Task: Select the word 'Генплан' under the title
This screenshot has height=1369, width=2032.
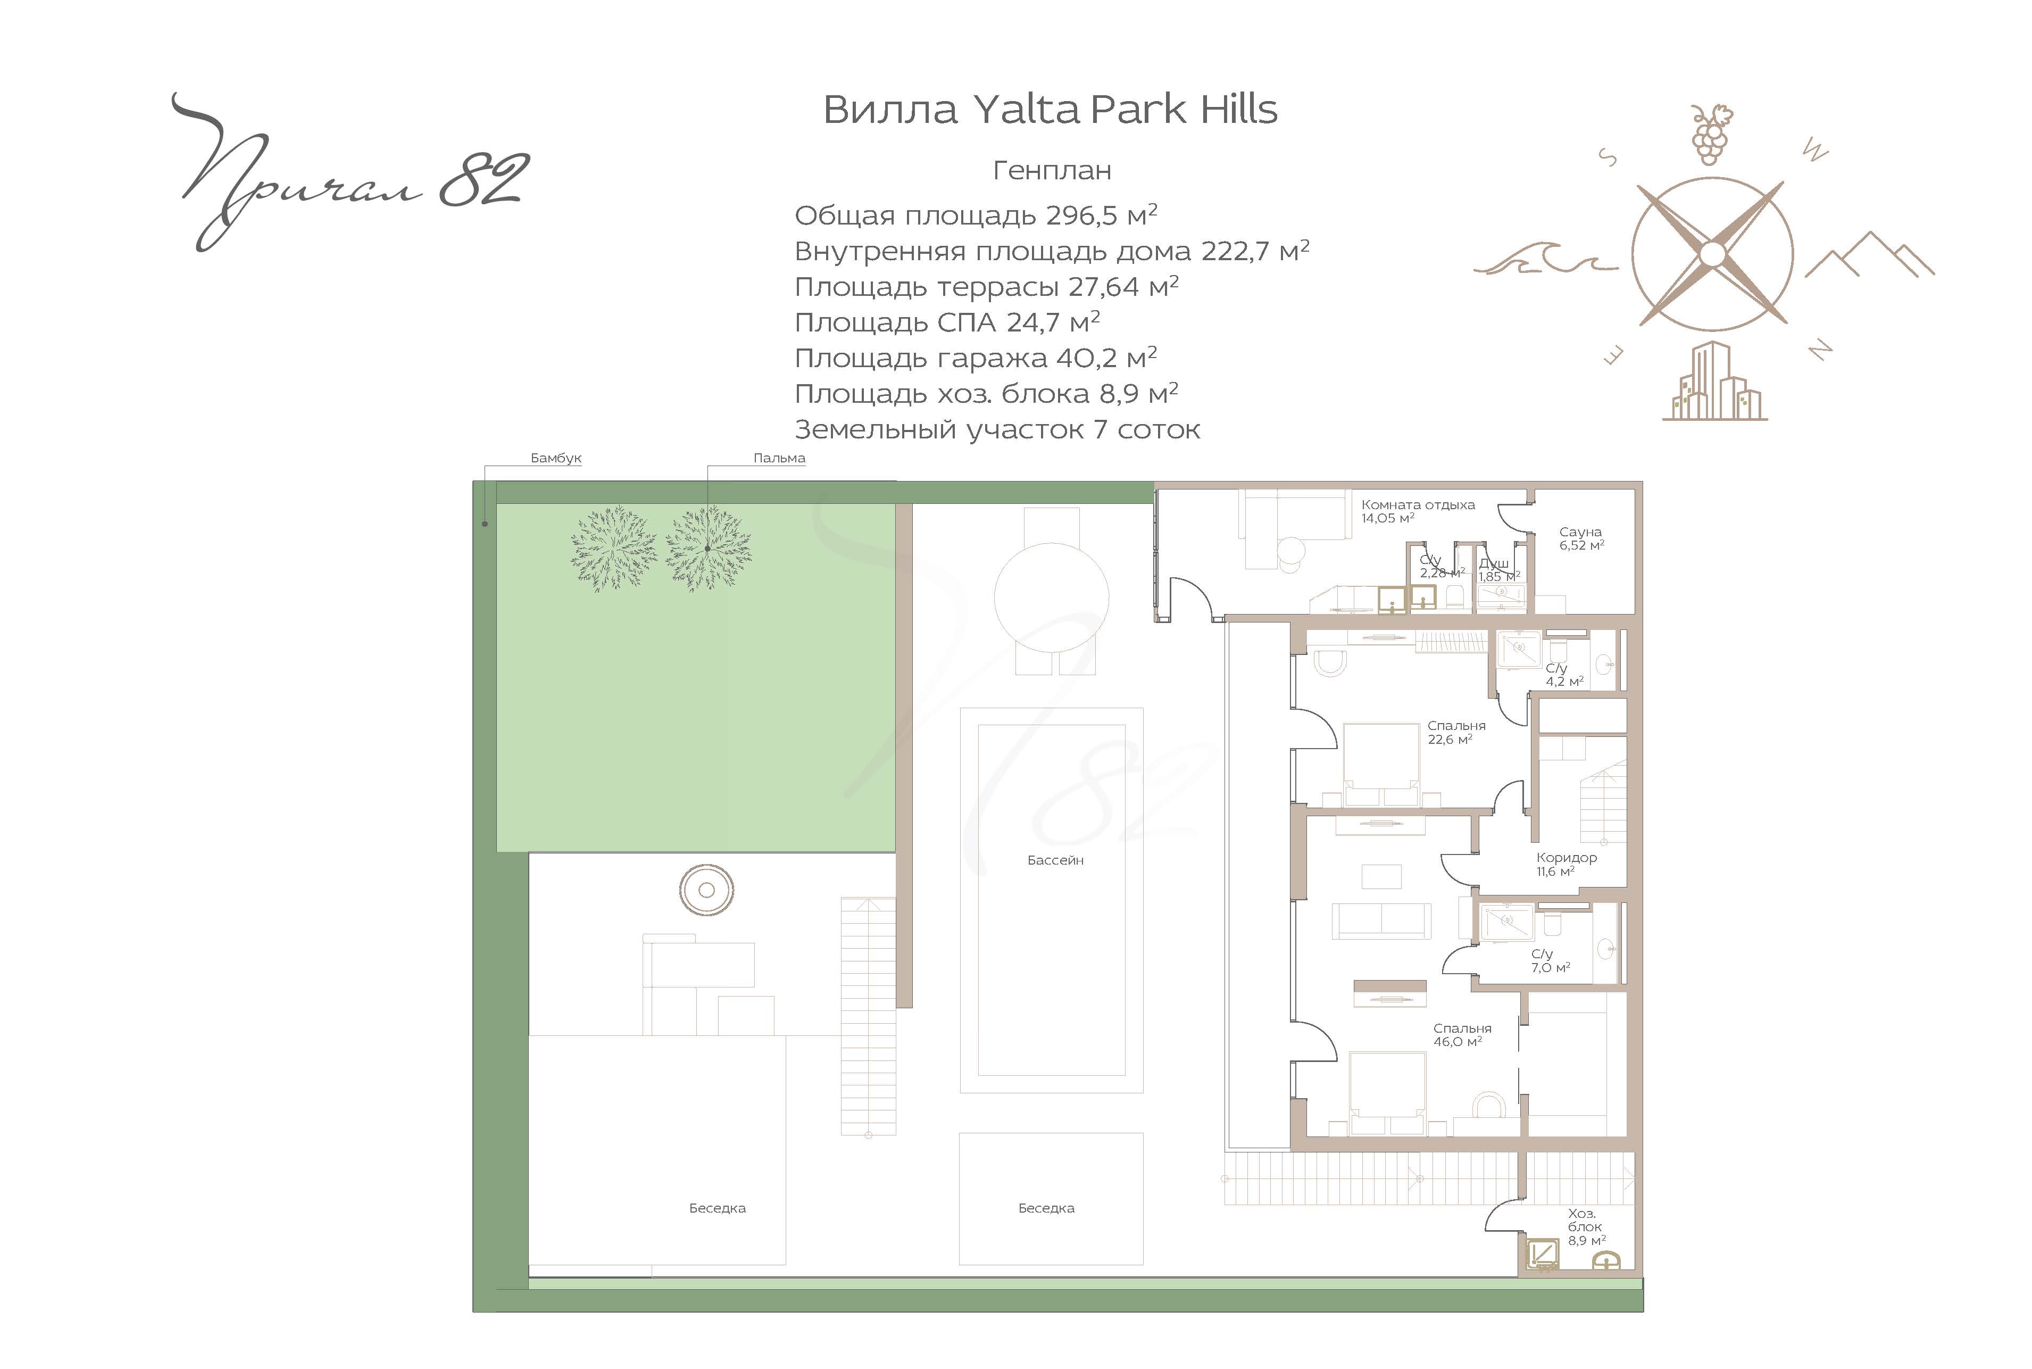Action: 1052,170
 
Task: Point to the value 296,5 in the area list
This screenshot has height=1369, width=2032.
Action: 1082,215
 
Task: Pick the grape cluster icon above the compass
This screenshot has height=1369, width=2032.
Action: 1711,135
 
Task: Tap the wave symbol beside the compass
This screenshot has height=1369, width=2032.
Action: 1545,258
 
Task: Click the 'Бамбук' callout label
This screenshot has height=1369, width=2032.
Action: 556,458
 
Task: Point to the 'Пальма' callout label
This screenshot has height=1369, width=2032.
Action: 779,458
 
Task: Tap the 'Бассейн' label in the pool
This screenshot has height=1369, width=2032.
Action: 1055,860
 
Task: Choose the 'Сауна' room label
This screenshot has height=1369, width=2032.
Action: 1581,532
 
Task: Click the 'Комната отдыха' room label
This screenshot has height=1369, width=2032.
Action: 1418,504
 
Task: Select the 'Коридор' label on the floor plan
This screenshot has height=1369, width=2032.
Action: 1567,857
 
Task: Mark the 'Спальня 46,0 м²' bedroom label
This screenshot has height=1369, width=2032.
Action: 1462,1035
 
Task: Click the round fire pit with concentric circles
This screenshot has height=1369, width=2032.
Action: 707,890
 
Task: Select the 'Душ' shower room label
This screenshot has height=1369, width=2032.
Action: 1494,563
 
